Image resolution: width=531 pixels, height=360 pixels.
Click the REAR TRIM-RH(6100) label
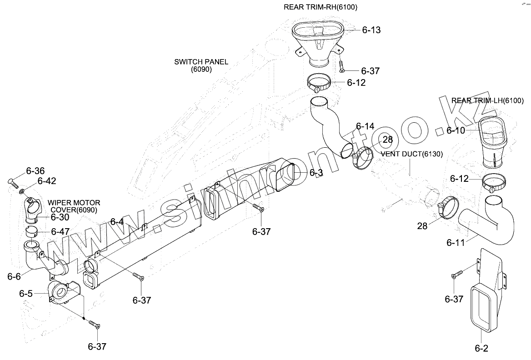click(x=323, y=7)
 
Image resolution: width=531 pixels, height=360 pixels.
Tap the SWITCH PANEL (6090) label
click(x=201, y=65)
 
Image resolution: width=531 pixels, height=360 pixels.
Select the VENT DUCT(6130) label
click(x=412, y=154)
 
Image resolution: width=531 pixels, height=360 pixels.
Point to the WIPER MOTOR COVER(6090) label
click(x=74, y=206)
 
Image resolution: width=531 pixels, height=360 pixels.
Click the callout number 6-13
click(x=371, y=30)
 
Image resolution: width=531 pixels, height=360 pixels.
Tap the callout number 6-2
click(x=481, y=349)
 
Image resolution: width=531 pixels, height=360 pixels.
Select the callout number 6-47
click(x=60, y=231)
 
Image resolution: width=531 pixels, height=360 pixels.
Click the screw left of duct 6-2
click(x=457, y=275)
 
